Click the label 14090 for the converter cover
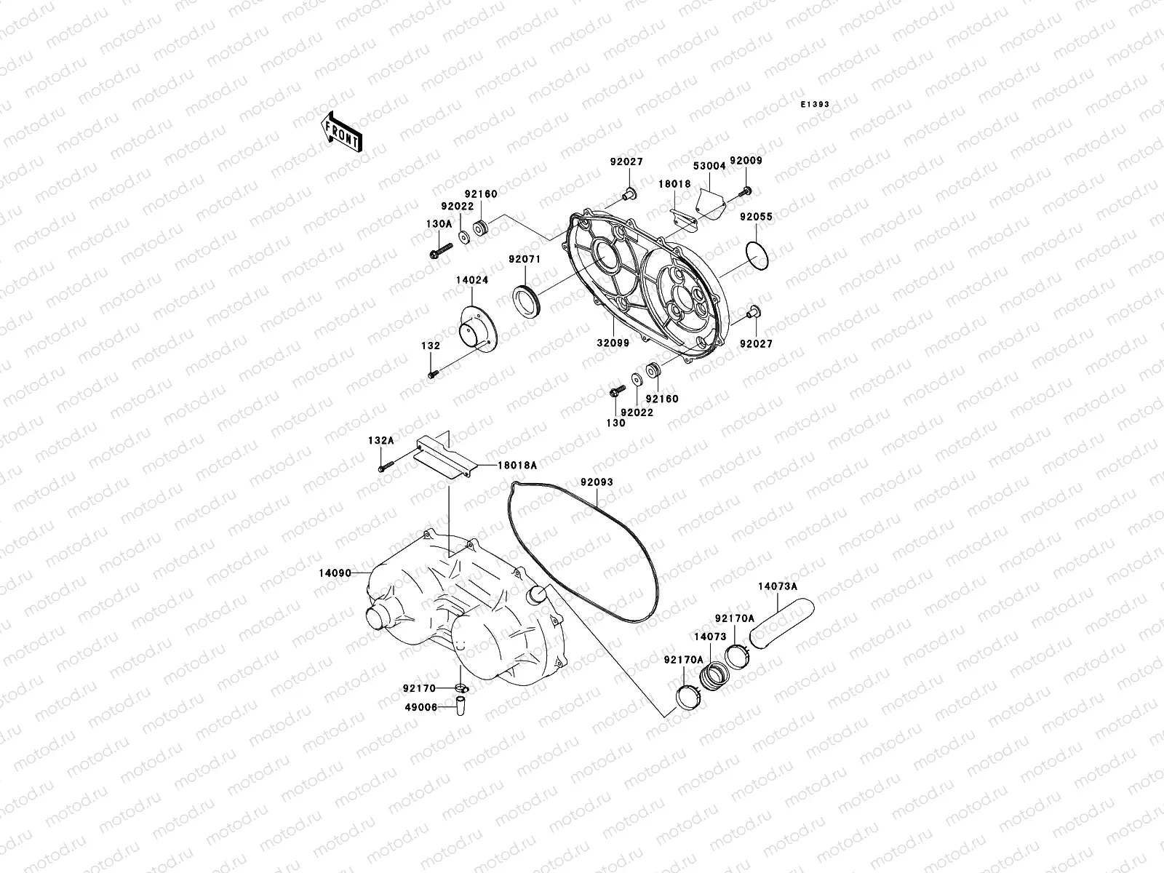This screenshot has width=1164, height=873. tap(335, 573)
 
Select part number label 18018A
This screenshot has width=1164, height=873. tap(517, 465)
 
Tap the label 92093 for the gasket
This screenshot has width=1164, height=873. tap(597, 482)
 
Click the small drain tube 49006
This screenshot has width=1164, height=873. tap(461, 706)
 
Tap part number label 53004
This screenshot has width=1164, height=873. tap(709, 167)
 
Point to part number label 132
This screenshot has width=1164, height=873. tap(430, 346)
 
